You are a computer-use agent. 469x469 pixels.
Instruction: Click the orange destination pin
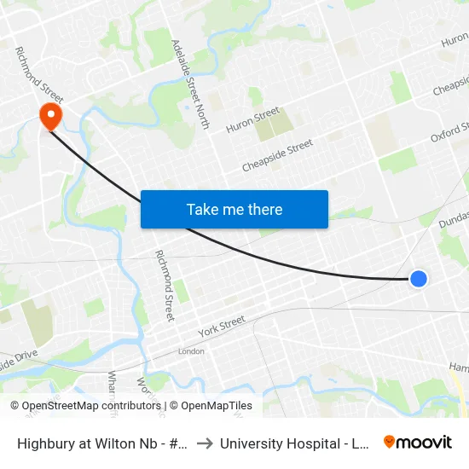tap(51, 115)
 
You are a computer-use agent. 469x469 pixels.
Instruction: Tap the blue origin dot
tap(418, 279)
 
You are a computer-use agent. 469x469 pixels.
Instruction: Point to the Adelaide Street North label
tap(190, 84)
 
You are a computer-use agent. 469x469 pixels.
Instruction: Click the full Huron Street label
tap(252, 119)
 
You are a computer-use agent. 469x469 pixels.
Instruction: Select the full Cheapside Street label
tap(277, 154)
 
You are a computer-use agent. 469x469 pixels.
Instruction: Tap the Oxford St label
tap(449, 133)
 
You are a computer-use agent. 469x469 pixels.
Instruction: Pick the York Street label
tap(221, 325)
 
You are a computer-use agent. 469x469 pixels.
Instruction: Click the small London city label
tap(191, 351)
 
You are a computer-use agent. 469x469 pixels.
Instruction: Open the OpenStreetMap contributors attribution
tap(84, 406)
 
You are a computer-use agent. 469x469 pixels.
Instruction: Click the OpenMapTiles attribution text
tap(211, 406)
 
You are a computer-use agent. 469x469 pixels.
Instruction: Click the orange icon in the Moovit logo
tap(390, 442)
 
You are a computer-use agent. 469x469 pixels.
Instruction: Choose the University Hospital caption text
tap(293, 443)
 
